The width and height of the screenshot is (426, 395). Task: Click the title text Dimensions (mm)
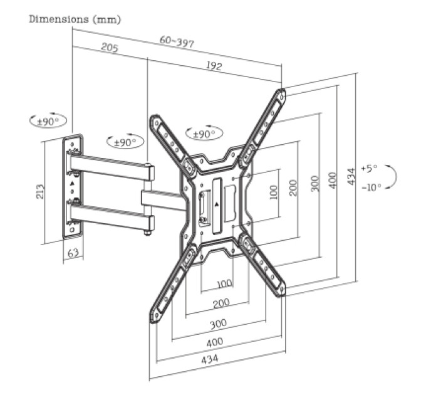pos(75,19)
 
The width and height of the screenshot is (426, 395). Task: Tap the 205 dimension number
pos(110,48)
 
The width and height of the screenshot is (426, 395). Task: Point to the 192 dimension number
pos(214,65)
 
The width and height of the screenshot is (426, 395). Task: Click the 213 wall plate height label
pos(40,191)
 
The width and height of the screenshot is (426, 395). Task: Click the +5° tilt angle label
pos(369,168)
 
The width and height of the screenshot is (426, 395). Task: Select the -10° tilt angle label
pos(371,187)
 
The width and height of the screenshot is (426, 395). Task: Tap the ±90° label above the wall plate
pos(48,121)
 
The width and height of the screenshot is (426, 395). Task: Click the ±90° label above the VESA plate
pos(204,134)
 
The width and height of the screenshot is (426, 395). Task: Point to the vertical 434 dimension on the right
pos(351,176)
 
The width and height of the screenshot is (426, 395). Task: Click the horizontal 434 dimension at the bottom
pos(210,359)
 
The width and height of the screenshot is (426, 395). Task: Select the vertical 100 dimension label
pos(274,192)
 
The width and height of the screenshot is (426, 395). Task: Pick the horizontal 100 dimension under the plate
pos(224,284)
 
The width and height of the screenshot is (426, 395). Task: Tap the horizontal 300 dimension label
pos(218,324)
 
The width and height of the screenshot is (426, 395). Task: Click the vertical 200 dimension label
pos(293,187)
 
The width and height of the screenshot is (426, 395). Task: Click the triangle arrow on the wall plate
pos(72,183)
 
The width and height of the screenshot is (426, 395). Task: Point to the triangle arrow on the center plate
pos(217,204)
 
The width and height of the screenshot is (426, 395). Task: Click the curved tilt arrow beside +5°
pos(392,176)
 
